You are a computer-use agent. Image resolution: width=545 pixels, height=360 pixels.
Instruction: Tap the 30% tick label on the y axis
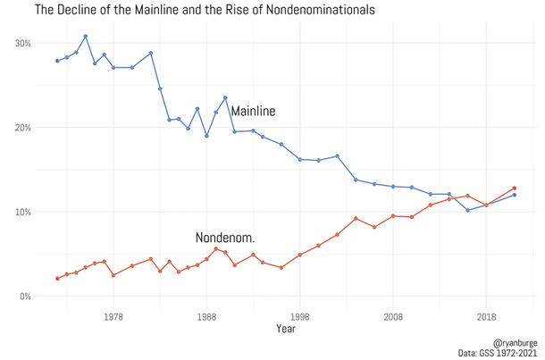[22, 44]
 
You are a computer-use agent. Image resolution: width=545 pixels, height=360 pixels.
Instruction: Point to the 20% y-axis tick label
[22, 128]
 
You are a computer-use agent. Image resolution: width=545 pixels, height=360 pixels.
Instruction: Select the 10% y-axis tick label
[22, 213]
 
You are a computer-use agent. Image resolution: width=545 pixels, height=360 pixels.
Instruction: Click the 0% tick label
[25, 297]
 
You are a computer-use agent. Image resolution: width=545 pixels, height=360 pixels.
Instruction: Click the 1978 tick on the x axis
[113, 316]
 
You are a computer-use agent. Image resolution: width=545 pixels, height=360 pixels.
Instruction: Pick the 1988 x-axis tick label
[206, 316]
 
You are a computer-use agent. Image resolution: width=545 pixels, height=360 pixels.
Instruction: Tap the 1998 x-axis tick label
[300, 316]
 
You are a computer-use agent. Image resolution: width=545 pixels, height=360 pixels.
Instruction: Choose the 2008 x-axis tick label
[393, 316]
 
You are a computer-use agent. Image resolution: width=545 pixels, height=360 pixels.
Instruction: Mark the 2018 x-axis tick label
[486, 316]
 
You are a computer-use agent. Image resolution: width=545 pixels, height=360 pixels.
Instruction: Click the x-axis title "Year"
[286, 329]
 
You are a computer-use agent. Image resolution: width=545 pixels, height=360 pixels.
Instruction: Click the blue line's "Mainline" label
[253, 112]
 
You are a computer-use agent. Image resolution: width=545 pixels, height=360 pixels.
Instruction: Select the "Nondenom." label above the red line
[225, 239]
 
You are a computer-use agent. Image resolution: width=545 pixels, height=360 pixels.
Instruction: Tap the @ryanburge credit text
[515, 341]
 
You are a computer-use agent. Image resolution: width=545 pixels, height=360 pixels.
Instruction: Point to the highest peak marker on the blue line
[86, 37]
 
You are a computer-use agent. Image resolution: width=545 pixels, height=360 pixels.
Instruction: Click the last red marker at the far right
[515, 188]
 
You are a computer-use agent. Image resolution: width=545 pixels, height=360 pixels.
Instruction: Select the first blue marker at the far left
[57, 61]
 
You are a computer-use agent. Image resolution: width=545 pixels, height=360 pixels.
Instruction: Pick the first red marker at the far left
[57, 279]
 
